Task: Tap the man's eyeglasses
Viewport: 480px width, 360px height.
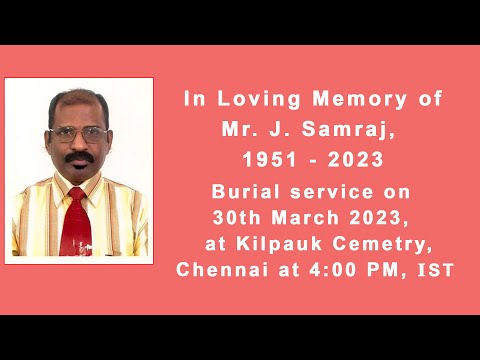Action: tap(78, 135)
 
